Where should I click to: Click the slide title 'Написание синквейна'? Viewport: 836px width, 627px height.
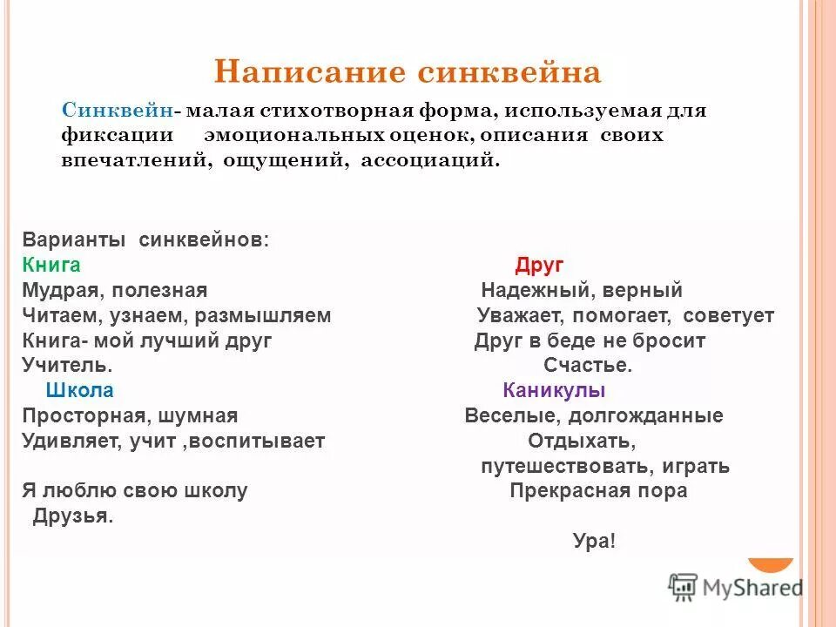pyautogui.click(x=408, y=71)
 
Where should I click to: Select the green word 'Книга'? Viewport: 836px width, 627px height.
pyautogui.click(x=51, y=266)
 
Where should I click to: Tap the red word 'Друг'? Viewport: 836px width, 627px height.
pyautogui.click(x=539, y=266)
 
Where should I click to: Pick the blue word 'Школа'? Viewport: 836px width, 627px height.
pyautogui.click(x=79, y=391)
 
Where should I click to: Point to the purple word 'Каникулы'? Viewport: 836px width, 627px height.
pyautogui.click(x=554, y=391)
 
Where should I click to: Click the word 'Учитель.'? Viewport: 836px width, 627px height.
pyautogui.click(x=67, y=366)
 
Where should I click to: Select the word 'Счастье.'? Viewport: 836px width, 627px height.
pyautogui.click(x=588, y=366)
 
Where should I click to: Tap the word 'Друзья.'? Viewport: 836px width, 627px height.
pyautogui.click(x=73, y=516)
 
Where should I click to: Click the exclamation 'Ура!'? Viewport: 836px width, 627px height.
pyautogui.click(x=594, y=541)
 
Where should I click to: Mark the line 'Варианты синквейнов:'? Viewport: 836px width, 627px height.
pyautogui.click(x=146, y=240)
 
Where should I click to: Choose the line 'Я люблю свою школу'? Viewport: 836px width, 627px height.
pyautogui.click(x=135, y=490)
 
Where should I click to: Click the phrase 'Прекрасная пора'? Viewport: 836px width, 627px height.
pyautogui.click(x=598, y=490)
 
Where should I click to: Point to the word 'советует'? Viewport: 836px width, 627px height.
pyautogui.click(x=728, y=316)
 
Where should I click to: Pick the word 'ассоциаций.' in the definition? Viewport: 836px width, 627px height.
pyautogui.click(x=431, y=160)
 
